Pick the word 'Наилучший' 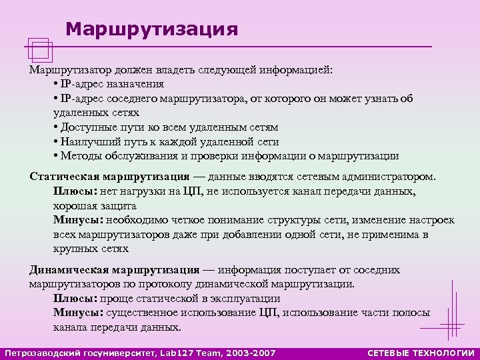[x=87, y=141]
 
